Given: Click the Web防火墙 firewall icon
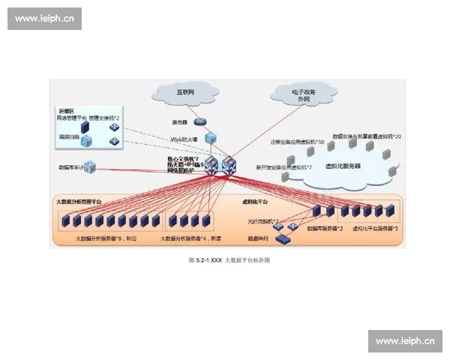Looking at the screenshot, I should [211, 139].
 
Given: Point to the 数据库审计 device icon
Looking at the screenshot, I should [90, 167].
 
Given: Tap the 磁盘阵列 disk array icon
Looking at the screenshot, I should [284, 239].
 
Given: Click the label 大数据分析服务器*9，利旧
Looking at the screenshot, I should [106, 238].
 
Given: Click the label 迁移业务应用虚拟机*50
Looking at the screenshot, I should [297, 142].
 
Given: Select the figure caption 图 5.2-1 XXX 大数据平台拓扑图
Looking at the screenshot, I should [229, 259].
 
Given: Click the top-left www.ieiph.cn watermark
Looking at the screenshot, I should [44, 19].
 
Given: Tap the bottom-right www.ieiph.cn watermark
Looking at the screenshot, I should [405, 340].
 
